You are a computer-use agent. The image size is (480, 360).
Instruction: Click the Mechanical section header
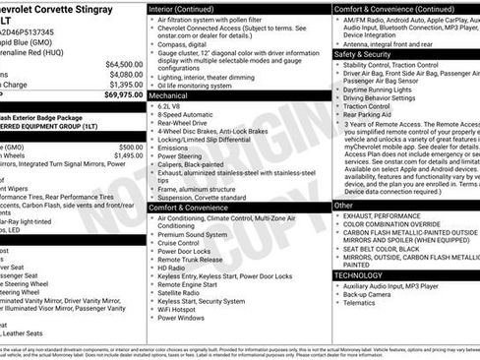pos(171,97)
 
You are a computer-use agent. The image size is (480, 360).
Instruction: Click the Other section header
pos(343,206)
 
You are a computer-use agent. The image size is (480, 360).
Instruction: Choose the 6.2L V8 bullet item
pos(172,108)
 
